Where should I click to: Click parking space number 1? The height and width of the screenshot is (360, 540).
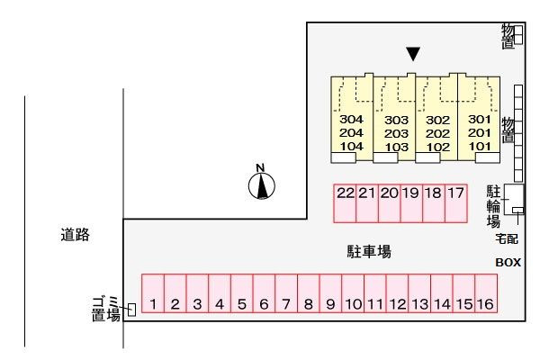tap(153, 293)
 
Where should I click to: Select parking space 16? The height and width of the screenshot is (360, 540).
tap(486, 293)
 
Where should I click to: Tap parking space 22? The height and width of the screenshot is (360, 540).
tap(345, 203)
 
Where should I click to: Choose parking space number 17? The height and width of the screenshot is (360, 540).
tap(456, 203)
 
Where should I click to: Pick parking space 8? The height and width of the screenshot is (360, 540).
tap(308, 293)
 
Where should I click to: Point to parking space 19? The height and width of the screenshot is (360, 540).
tap(411, 203)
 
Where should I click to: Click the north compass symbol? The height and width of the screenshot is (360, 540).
tap(262, 186)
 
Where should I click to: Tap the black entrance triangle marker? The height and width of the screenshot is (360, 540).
tap(413, 54)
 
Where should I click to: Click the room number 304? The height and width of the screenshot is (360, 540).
tap(351, 119)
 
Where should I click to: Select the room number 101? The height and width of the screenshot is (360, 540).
tap(480, 146)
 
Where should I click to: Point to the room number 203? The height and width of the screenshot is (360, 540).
tap(396, 133)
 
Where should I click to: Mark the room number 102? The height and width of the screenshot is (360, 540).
tap(438, 147)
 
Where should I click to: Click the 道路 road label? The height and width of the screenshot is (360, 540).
tap(75, 235)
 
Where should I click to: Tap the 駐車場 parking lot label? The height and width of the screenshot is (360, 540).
tap(369, 251)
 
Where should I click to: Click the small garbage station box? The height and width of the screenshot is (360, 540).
tap(131, 310)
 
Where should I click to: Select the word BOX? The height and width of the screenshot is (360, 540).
tap(508, 263)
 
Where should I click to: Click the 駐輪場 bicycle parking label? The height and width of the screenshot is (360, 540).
tap(493, 206)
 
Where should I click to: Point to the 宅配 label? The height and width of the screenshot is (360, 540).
tap(507, 238)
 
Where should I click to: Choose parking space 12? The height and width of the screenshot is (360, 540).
tap(397, 293)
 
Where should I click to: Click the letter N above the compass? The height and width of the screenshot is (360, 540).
tap(260, 167)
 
